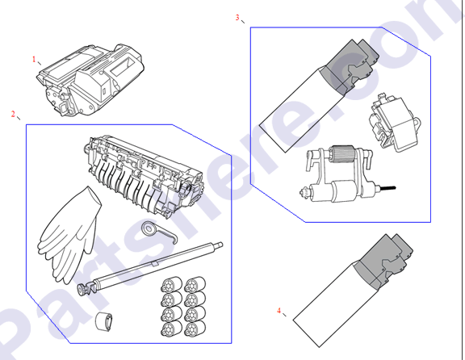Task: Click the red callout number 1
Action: pos(34,59)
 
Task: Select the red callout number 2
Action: pos(13,114)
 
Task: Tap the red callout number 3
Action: pos(237,18)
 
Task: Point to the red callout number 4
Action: pos(279,311)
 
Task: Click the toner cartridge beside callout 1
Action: pos(90,80)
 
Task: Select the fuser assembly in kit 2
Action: pos(144,175)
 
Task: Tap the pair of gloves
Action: pos(69,234)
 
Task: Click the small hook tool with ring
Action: pos(159,232)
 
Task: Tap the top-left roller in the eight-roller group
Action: pos(171,285)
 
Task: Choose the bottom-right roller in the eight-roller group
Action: pos(195,329)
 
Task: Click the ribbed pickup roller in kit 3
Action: pos(343,154)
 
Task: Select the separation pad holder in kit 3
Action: pos(395,123)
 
